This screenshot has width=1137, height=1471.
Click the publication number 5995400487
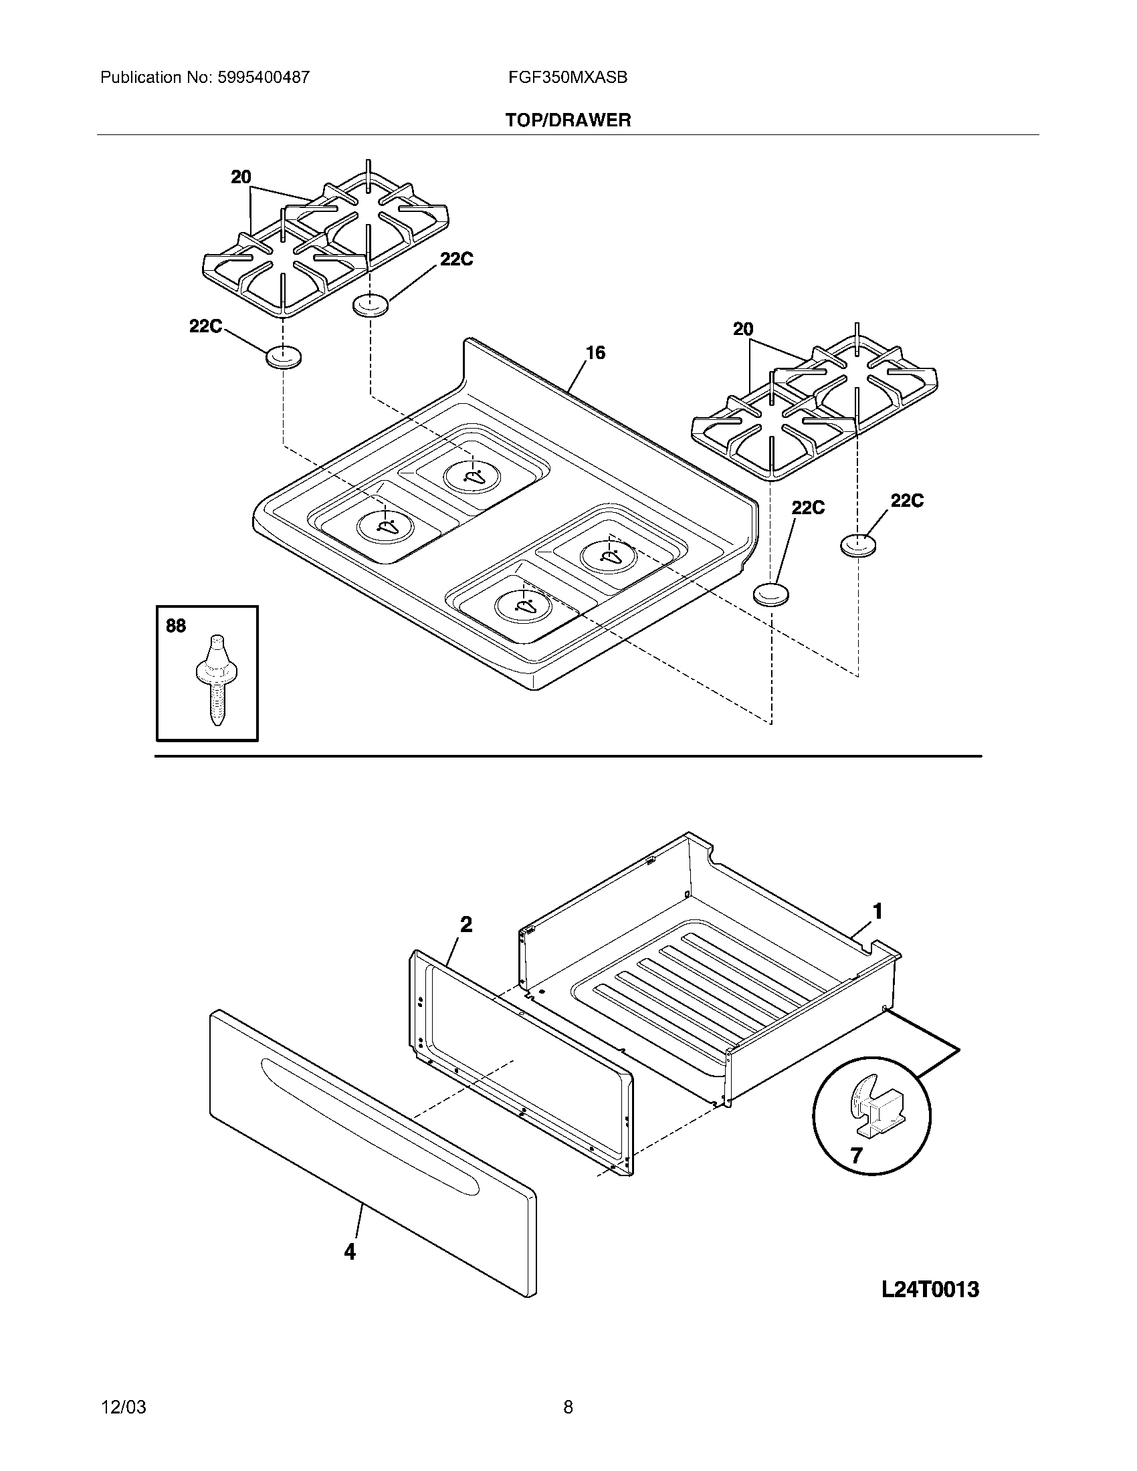264,78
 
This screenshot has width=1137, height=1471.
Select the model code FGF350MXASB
568,78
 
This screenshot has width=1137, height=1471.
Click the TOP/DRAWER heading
568,120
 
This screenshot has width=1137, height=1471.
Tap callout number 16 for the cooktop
595,352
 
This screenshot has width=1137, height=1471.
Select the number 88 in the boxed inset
176,626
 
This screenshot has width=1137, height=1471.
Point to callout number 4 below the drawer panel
350,1252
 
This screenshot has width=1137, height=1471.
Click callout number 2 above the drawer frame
466,925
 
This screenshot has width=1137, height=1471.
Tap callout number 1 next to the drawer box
877,911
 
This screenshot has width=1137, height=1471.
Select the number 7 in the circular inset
856,1156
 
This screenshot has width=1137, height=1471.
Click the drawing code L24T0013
930,1290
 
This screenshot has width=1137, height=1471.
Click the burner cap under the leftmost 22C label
284,357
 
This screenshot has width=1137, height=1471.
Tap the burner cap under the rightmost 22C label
858,544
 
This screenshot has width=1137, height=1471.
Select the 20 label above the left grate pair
241,177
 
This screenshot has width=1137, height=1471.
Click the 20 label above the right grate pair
743,330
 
